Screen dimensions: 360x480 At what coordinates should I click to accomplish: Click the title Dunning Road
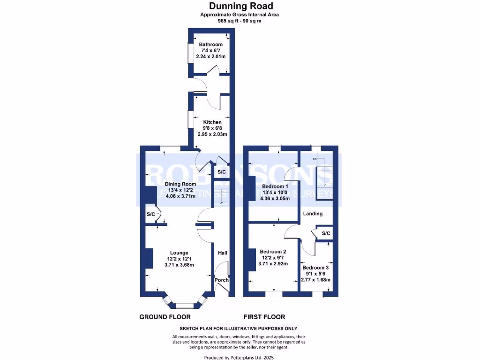point(239,6)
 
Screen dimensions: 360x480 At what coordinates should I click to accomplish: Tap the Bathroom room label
point(211,45)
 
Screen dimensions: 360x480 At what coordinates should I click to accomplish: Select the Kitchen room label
point(212,122)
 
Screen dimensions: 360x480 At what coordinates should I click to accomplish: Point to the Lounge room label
point(179,253)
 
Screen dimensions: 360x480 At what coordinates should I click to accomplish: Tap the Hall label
point(222,253)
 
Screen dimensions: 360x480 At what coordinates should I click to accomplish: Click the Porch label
point(221,280)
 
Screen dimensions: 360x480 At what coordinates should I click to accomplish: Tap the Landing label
point(313,214)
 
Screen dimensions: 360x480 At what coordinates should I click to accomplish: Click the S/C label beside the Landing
point(326,233)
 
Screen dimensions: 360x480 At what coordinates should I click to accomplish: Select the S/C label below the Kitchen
point(222,172)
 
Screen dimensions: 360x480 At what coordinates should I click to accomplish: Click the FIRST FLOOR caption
point(264,317)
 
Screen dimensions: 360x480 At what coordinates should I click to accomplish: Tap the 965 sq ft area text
point(239,21)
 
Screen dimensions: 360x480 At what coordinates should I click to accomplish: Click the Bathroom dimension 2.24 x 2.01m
point(211,57)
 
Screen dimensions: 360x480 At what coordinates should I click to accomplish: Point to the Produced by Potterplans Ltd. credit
point(239,358)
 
